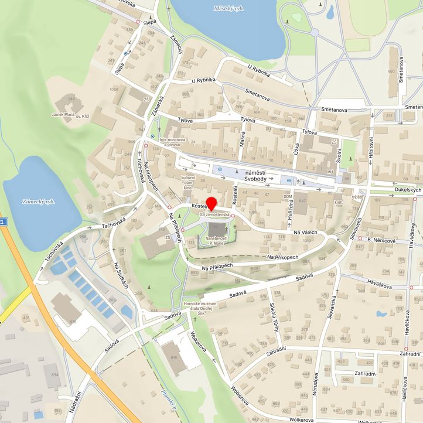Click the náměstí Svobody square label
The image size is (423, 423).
coord(253,176)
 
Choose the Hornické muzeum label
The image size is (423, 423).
coord(203,308)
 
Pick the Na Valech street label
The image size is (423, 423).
coord(305,233)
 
